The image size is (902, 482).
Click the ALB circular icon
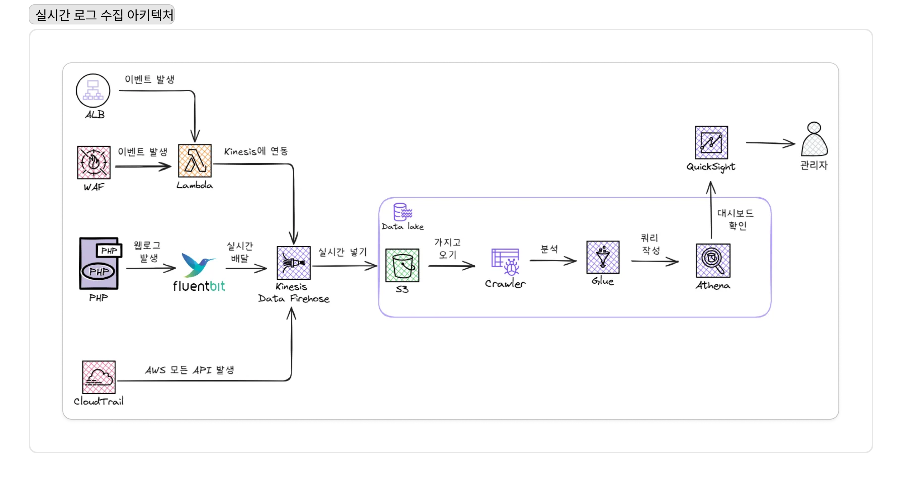pyautogui.click(x=93, y=91)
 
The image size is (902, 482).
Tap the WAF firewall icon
pyautogui.click(x=94, y=162)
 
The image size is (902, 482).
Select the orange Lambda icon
pyautogui.click(x=195, y=161)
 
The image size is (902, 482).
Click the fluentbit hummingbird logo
pyautogui.click(x=198, y=265)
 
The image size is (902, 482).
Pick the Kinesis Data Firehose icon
pyautogui.click(x=294, y=263)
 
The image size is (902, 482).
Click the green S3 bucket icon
pyautogui.click(x=402, y=265)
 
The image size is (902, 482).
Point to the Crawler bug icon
pyautogui.click(x=505, y=262)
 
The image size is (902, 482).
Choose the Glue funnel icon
pyautogui.click(x=603, y=257)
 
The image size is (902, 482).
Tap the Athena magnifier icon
pyautogui.click(x=713, y=261)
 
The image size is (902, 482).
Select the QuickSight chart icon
pyautogui.click(x=711, y=142)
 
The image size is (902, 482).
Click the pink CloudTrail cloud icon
pyautogui.click(x=99, y=377)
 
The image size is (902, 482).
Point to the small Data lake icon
pyautogui.click(x=403, y=212)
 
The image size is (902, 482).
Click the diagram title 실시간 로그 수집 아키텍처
pyautogui.click(x=104, y=15)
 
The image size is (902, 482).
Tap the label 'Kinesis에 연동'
pyautogui.click(x=256, y=151)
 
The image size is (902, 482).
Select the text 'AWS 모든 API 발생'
pyautogui.click(x=190, y=370)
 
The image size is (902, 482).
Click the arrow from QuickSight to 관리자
pyautogui.click(x=770, y=143)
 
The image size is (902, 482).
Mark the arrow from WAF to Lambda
pyautogui.click(x=143, y=166)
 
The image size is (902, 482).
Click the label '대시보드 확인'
pyautogui.click(x=736, y=219)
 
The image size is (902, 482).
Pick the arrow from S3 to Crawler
pyautogui.click(x=452, y=266)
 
